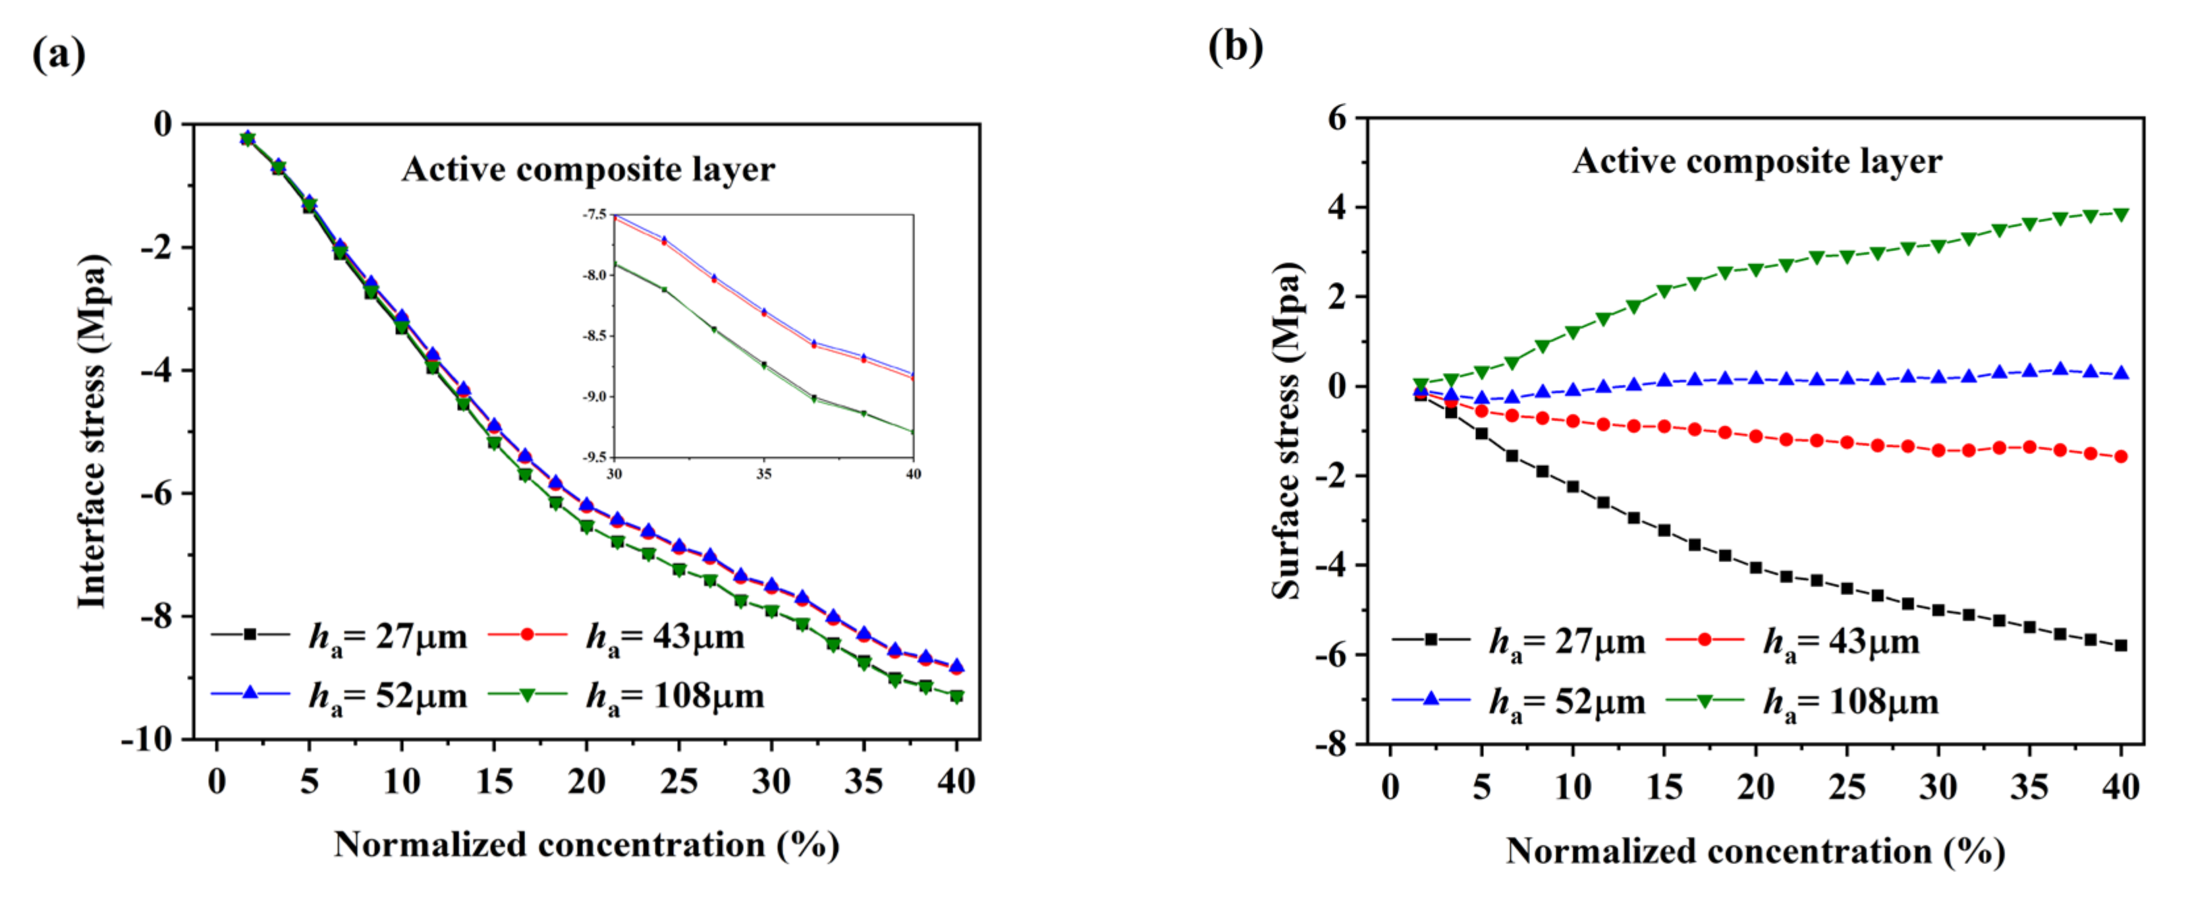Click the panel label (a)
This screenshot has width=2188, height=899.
pyautogui.click(x=59, y=55)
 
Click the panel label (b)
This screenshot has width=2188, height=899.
pyautogui.click(x=1235, y=47)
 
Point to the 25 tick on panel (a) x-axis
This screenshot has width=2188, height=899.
pyautogui.click(x=678, y=781)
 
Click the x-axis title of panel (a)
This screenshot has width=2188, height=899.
pyautogui.click(x=586, y=846)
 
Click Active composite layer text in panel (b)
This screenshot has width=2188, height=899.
pyautogui.click(x=1757, y=161)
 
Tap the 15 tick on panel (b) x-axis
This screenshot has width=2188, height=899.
pyautogui.click(x=1664, y=787)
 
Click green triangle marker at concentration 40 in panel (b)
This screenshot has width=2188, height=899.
pyautogui.click(x=2121, y=214)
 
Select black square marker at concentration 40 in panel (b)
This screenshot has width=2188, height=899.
pyautogui.click(x=2121, y=646)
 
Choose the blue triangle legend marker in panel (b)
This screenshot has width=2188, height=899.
pyautogui.click(x=1431, y=699)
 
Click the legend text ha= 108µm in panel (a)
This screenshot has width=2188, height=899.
pyautogui.click(x=674, y=697)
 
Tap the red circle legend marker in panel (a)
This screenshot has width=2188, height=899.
pyautogui.click(x=528, y=635)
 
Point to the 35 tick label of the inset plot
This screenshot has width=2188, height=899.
pyautogui.click(x=763, y=474)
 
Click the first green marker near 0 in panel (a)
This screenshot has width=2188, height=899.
pyautogui.click(x=247, y=138)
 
